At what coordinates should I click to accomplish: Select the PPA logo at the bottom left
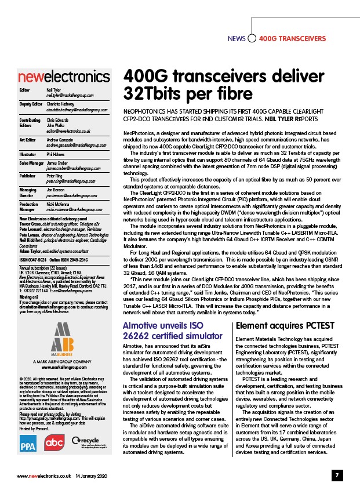[x=28, y=445]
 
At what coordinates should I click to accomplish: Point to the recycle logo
[x=87, y=443]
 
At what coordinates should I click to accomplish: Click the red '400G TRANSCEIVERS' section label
[x=292, y=39]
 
